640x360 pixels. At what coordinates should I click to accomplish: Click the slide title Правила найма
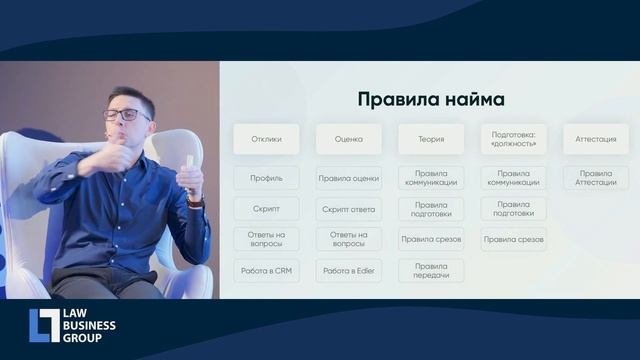[431, 100]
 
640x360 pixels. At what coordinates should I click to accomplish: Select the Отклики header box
[266, 139]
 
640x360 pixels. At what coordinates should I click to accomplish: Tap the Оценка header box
[348, 139]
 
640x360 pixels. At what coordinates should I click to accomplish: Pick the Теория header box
[431, 139]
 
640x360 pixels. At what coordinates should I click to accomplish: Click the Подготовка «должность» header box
[513, 139]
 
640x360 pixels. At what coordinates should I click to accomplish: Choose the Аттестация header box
[596, 139]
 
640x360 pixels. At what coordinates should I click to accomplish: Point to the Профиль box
[266, 178]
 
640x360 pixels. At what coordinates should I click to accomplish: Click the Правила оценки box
[348, 178]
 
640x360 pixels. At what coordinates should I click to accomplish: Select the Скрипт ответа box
[348, 209]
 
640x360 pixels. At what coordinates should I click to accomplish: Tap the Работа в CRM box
[266, 271]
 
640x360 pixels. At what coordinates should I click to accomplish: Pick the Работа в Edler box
[348, 271]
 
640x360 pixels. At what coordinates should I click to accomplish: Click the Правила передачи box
[431, 271]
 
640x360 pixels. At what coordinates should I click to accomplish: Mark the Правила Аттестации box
[596, 178]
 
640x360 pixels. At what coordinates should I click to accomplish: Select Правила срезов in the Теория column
[431, 240]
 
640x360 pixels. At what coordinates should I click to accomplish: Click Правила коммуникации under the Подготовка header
[513, 178]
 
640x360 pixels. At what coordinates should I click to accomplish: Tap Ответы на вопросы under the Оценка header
[348, 240]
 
